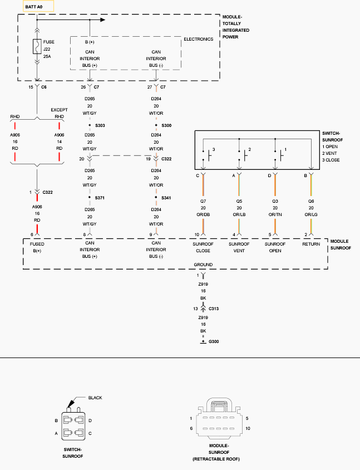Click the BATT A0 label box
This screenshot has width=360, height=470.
38,6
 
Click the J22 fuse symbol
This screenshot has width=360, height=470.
37,46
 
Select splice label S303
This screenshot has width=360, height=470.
100,125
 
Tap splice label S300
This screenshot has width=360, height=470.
166,125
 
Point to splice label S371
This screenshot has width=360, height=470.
100,198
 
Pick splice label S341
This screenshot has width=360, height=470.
166,198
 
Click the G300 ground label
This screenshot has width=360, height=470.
214,341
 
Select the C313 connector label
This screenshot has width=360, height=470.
214,309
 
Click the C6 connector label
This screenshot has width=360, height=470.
44,87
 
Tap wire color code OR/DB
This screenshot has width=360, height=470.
203,214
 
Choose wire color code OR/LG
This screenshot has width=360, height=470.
311,214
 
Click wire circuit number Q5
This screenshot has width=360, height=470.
239,201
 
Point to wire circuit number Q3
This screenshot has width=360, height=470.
275,201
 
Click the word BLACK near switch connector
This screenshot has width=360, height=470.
95,398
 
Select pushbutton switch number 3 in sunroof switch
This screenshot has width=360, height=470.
209,155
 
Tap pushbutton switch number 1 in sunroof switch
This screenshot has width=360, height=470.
281,155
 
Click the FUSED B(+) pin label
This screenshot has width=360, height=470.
37,247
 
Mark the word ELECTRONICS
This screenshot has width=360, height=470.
199,39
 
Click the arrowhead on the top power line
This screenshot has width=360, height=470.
103,20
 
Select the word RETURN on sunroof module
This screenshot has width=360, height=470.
311,244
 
